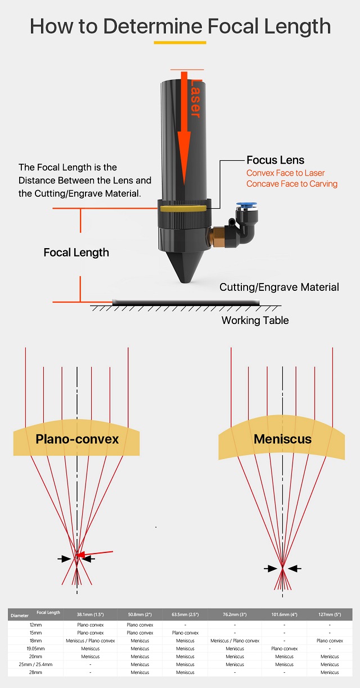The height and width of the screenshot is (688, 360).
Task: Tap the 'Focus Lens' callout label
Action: pos(275,160)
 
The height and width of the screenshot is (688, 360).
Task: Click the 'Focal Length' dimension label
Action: pos(76,253)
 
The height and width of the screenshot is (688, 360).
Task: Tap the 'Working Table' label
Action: pos(255,320)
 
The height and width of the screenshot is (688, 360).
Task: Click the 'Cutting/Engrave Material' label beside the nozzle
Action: pos(279,287)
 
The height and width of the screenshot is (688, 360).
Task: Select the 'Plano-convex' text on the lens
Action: pos(77,439)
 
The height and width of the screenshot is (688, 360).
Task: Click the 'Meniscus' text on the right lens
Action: pos(282,438)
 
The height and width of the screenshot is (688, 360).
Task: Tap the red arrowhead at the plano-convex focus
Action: pos(80,556)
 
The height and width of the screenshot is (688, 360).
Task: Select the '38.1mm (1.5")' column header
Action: pos(90,615)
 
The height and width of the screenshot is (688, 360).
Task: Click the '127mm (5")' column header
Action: pos(330,615)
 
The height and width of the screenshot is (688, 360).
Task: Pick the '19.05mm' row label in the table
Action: pos(35,649)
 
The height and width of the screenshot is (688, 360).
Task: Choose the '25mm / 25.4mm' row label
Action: pos(35,664)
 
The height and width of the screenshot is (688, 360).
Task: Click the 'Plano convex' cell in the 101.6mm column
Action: pos(284,649)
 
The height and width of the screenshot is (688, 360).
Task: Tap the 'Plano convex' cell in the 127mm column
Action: pos(330,641)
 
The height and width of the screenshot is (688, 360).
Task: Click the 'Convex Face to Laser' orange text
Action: pos(285,173)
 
